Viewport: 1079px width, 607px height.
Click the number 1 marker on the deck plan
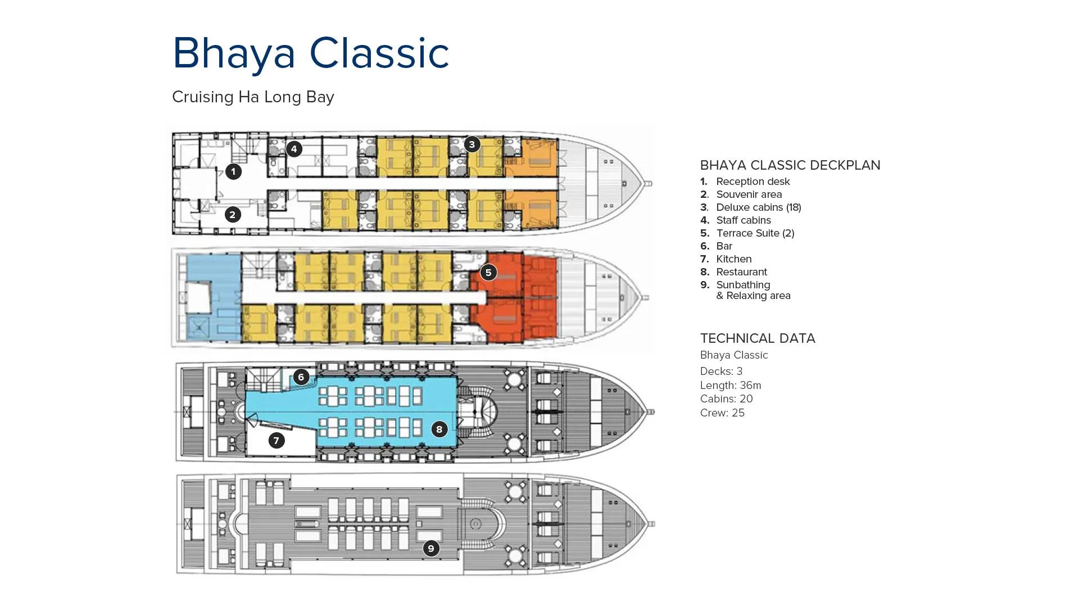(233, 171)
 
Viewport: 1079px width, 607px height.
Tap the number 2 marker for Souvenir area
(233, 214)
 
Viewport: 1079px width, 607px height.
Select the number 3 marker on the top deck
(472, 144)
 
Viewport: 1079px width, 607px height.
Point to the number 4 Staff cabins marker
(293, 149)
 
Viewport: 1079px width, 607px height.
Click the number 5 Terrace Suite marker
(488, 273)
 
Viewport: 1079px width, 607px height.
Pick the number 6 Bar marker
(301, 377)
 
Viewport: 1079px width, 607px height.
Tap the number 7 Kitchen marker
(276, 440)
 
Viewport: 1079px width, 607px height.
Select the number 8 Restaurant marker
(439, 429)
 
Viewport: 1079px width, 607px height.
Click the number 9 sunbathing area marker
(430, 548)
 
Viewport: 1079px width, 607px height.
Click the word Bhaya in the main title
(234, 53)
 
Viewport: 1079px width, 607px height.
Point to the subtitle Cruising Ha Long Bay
(253, 97)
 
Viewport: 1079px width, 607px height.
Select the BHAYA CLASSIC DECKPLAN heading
(790, 165)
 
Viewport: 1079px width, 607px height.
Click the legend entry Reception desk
(752, 182)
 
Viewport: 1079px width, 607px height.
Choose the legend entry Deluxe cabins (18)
(758, 207)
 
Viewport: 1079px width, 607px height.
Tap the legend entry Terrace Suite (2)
(755, 233)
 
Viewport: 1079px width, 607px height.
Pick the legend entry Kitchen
(733, 259)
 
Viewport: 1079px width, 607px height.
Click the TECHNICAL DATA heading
(757, 338)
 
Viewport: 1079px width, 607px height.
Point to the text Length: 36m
(730, 386)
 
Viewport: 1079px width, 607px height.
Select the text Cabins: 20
(726, 399)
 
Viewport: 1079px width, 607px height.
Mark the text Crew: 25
(722, 413)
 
